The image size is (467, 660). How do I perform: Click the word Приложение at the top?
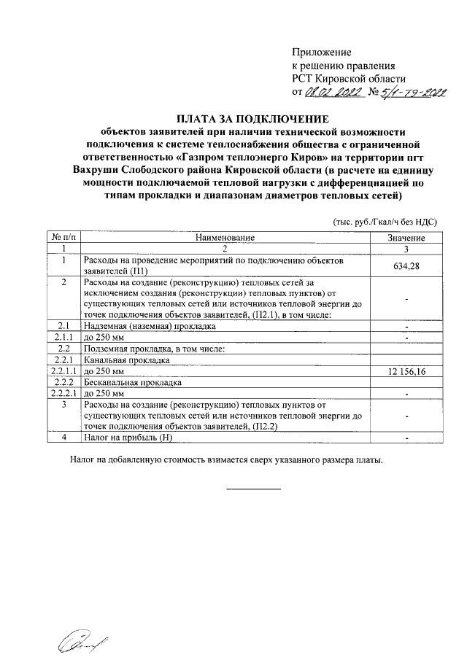[321, 53]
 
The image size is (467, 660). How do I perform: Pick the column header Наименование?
[225, 238]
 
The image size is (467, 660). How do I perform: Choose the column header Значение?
[406, 238]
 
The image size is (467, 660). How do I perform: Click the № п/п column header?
[63, 238]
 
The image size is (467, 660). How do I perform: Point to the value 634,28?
[406, 265]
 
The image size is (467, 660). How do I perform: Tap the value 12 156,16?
[406, 372]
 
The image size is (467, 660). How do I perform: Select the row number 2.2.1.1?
[63, 372]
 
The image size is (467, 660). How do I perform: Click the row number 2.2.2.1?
[63, 394]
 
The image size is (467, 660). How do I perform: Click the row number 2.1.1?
[63, 338]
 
